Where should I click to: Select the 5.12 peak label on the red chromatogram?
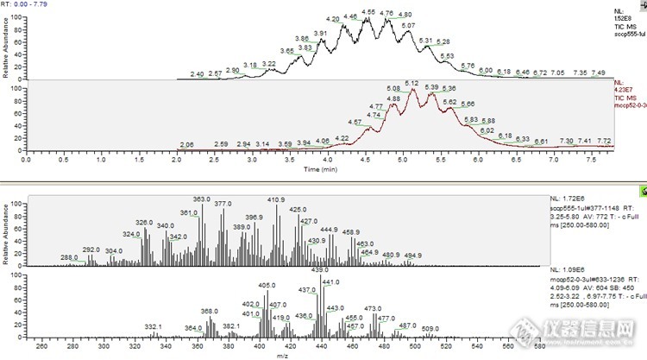coord(411,83)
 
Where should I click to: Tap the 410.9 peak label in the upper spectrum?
coord(276,200)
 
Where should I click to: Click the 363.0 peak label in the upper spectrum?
coord(202,199)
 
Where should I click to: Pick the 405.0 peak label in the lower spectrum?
coord(267,285)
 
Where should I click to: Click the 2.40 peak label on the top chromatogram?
coord(197,74)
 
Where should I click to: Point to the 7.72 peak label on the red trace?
coord(605,141)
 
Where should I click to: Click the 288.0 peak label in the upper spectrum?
coord(69,258)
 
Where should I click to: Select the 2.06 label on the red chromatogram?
coord(185,144)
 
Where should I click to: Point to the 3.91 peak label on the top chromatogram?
coord(320,33)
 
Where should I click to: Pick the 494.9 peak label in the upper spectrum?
coord(412,256)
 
